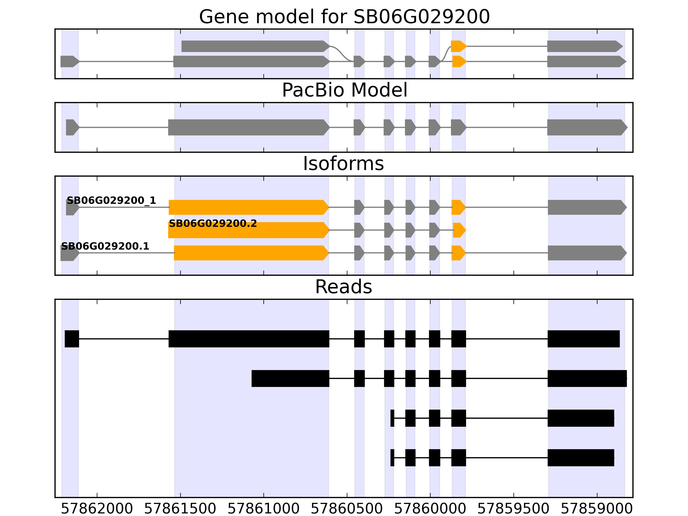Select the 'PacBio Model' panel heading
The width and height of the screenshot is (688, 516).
344,90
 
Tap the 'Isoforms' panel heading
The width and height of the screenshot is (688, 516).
343,164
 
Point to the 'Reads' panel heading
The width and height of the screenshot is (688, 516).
343,287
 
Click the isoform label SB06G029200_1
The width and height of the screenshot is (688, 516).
111,201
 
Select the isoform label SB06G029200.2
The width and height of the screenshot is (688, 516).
213,224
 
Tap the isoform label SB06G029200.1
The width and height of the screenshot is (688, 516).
105,246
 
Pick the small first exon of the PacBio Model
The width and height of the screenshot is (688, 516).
72,127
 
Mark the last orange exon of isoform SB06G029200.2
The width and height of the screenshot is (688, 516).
459,230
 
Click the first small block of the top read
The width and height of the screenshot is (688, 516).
72,339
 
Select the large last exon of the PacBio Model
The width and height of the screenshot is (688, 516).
586,127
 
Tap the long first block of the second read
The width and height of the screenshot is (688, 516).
290,379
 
